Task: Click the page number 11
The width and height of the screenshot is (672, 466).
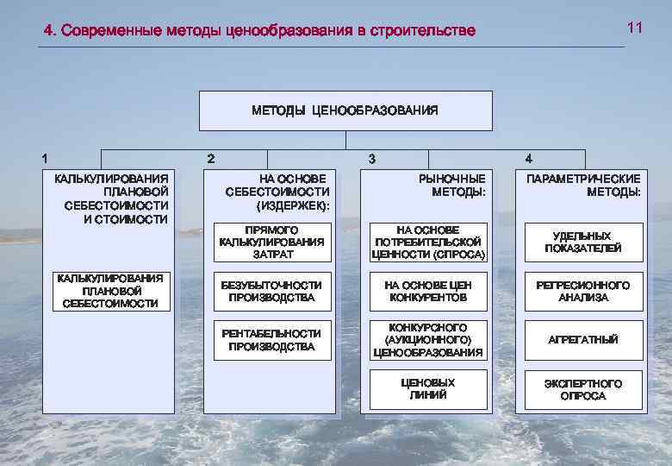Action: [635, 28]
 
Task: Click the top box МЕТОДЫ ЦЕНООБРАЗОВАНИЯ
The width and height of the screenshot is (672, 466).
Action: [345, 110]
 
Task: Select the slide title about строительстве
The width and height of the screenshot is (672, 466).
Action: [260, 32]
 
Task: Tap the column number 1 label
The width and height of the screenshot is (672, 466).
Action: [45, 158]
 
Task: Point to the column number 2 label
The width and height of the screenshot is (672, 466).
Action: [212, 158]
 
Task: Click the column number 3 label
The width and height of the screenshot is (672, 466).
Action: [371, 158]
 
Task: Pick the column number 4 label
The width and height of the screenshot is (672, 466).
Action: [528, 158]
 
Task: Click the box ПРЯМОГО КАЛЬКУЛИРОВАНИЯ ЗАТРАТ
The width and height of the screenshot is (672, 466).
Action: [271, 242]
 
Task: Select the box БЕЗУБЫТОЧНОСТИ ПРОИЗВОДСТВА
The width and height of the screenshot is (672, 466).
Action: [271, 292]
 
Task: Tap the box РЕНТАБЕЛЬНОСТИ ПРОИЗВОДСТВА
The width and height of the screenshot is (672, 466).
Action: [271, 340]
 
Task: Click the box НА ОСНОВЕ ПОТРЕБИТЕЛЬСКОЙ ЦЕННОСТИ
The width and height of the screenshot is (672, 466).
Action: [428, 242]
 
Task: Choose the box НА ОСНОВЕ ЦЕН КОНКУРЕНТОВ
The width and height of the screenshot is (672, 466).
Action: [428, 292]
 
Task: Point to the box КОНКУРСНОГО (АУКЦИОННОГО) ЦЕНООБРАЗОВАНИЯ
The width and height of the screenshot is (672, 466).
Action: [428, 340]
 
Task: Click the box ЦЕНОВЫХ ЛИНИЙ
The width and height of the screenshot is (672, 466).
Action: [428, 389]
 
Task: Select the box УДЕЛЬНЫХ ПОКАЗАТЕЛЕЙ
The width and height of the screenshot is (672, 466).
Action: [583, 242]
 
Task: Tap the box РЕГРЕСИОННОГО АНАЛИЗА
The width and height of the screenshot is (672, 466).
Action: [583, 292]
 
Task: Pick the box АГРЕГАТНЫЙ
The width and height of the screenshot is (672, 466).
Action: [583, 340]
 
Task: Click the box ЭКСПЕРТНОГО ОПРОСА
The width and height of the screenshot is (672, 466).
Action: [583, 389]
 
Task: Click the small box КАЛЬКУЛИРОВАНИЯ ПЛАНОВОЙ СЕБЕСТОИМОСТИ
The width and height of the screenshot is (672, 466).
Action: [110, 291]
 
